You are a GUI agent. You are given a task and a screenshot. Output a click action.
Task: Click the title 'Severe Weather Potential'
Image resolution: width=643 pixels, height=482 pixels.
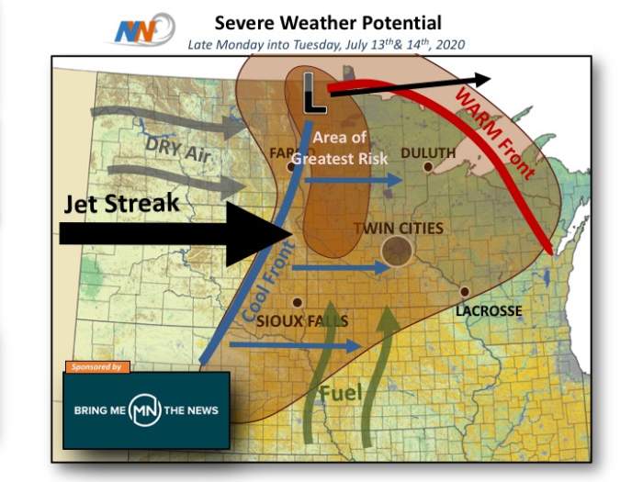328,22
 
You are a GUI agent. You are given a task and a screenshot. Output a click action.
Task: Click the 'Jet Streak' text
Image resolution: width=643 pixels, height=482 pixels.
121,204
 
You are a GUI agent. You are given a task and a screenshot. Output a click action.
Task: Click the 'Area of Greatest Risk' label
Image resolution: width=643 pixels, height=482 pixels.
340,148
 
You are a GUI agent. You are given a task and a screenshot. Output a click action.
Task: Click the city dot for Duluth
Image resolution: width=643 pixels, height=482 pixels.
428,167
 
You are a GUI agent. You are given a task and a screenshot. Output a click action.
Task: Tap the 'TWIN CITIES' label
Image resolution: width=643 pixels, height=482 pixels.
404,228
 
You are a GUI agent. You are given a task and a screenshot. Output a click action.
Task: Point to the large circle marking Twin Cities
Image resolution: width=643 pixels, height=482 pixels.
397,251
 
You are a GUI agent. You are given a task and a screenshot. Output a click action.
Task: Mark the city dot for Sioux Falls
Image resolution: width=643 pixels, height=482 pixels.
296,302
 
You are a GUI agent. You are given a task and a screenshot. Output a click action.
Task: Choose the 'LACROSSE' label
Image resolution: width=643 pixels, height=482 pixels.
489,311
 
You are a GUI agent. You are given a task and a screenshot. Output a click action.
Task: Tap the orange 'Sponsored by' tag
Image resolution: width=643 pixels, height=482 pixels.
96,366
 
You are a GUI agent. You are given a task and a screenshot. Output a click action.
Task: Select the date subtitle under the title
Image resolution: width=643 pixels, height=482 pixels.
327,44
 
